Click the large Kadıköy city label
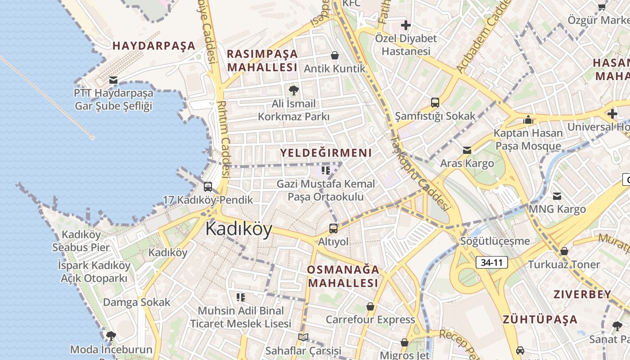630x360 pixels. pyautogui.click(x=239, y=229)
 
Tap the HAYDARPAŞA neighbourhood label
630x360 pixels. pyautogui.click(x=154, y=45)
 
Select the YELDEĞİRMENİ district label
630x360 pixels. pyautogui.click(x=326, y=153)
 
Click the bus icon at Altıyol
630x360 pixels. pyautogui.click(x=333, y=228)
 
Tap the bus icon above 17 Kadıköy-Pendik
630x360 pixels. pyautogui.click(x=208, y=186)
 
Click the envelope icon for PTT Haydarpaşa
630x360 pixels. pyautogui.click(x=113, y=80)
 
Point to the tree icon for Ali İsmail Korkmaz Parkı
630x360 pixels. pyautogui.click(x=294, y=90)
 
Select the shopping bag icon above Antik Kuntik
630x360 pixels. pyautogui.click(x=335, y=55)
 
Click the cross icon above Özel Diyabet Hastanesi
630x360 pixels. pyautogui.click(x=406, y=25)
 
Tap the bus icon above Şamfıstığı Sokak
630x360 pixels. pyautogui.click(x=435, y=102)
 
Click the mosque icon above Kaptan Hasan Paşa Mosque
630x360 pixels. pyautogui.click(x=528, y=120)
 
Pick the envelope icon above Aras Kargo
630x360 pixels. pyautogui.click(x=467, y=150)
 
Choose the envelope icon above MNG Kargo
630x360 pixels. pyautogui.click(x=557, y=196)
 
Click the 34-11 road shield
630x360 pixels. pyautogui.click(x=492, y=262)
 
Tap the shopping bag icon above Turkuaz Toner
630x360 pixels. pyautogui.click(x=564, y=251)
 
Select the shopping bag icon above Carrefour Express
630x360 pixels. pyautogui.click(x=370, y=306)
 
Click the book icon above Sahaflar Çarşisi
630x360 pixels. pyautogui.click(x=303, y=337)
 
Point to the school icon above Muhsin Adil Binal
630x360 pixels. pyautogui.click(x=241, y=297)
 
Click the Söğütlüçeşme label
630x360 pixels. pyautogui.click(x=495, y=241)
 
